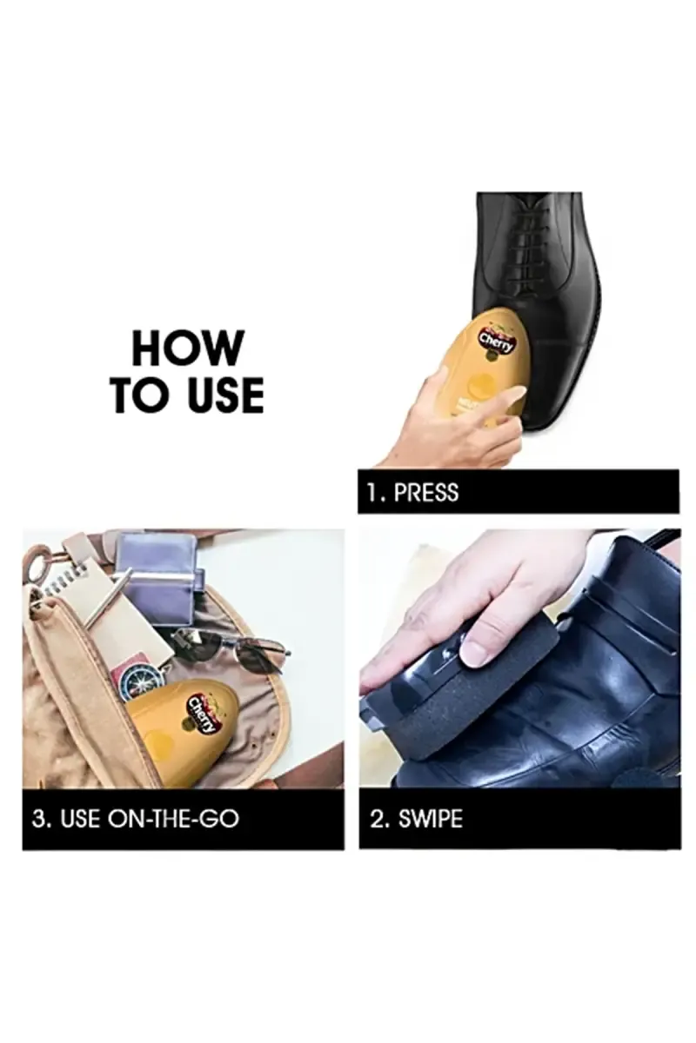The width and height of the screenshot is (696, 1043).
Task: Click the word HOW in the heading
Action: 186,348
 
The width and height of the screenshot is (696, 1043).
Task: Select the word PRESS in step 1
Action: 425,492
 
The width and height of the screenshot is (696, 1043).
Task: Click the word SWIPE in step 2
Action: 430,819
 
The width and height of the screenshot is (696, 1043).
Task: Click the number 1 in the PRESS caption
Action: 373,492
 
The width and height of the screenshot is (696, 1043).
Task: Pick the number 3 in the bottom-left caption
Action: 39,819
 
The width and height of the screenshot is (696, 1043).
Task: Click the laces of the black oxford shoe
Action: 526,239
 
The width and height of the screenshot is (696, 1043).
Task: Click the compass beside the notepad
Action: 142,681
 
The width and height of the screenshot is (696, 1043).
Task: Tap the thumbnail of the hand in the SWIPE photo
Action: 474,654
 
